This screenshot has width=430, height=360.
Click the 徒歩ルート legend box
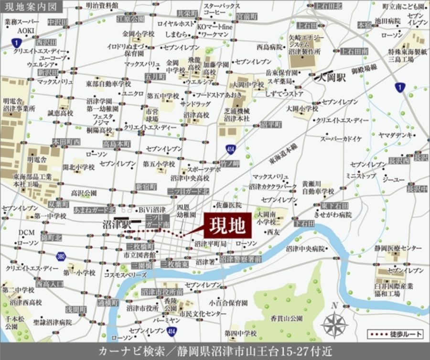point(395,334)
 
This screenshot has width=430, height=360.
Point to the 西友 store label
point(273,232)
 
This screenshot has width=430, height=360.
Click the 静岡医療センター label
point(398,249)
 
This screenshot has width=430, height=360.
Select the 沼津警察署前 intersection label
point(241,259)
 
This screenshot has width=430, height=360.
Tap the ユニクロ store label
point(133,93)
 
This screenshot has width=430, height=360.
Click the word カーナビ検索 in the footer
point(124,351)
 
